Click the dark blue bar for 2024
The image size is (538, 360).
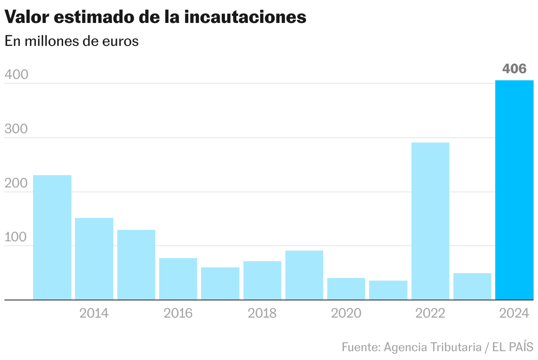tap(514, 190)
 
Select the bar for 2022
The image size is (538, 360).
tap(430, 221)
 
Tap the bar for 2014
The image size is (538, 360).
tap(94, 259)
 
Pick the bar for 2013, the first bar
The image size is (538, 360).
tap(52, 237)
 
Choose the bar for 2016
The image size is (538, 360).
tap(178, 279)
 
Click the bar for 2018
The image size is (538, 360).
tap(262, 280)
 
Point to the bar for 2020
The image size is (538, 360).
tap(346, 289)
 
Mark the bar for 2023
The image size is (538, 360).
tap(472, 286)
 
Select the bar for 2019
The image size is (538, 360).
tap(304, 275)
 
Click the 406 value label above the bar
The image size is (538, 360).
tap(514, 69)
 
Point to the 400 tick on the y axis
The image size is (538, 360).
tap(16, 75)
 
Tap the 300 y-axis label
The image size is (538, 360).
tap(16, 129)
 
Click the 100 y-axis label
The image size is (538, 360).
tap(16, 238)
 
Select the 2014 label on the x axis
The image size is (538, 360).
tap(94, 313)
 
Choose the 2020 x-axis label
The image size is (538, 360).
tap(346, 313)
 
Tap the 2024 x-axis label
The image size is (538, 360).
tap(514, 313)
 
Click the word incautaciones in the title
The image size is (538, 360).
tap(245, 17)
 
